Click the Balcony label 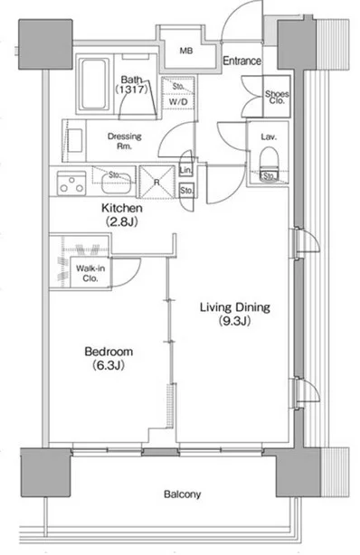click(182, 494)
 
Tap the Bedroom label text click(109, 352)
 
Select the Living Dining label click(235, 307)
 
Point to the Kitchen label click(122, 208)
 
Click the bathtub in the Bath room click(94, 84)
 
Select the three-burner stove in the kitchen click(71, 183)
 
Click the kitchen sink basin click(115, 183)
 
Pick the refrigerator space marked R click(157, 182)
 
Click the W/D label click(177, 102)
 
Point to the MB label click(186, 51)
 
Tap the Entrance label click(242, 61)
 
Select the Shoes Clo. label click(277, 98)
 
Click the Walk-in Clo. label click(90, 273)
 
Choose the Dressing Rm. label click(124, 141)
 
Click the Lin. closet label click(185, 170)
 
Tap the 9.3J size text click(234, 321)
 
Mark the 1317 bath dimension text click(131, 89)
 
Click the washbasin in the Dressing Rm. click(75, 140)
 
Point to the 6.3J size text click(109, 365)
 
